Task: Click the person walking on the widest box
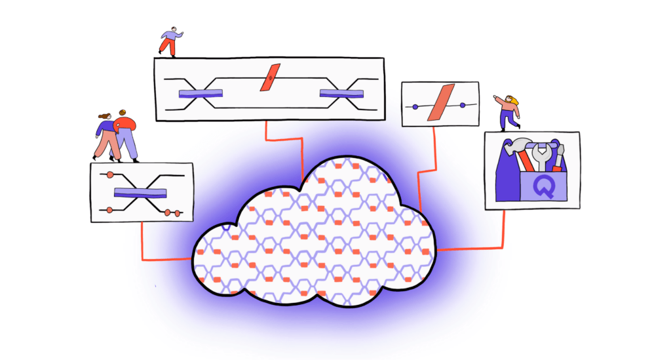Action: pyautogui.click(x=170, y=42)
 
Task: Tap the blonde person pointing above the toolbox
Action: pyautogui.click(x=508, y=113)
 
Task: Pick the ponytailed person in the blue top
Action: pyautogui.click(x=105, y=137)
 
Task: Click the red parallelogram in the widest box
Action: pyautogui.click(x=270, y=77)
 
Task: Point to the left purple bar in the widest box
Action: pyautogui.click(x=201, y=94)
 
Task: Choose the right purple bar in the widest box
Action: pyautogui.click(x=341, y=94)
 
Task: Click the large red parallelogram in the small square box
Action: pyautogui.click(x=441, y=103)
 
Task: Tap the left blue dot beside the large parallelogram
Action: pyautogui.click(x=415, y=107)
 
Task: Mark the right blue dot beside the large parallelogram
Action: pyautogui.click(x=463, y=105)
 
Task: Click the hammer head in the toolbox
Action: pyautogui.click(x=517, y=145)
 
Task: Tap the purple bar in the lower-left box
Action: pyautogui.click(x=140, y=193)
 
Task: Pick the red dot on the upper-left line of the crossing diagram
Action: pyautogui.click(x=110, y=174)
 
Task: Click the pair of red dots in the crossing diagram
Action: pyautogui.click(x=172, y=212)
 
